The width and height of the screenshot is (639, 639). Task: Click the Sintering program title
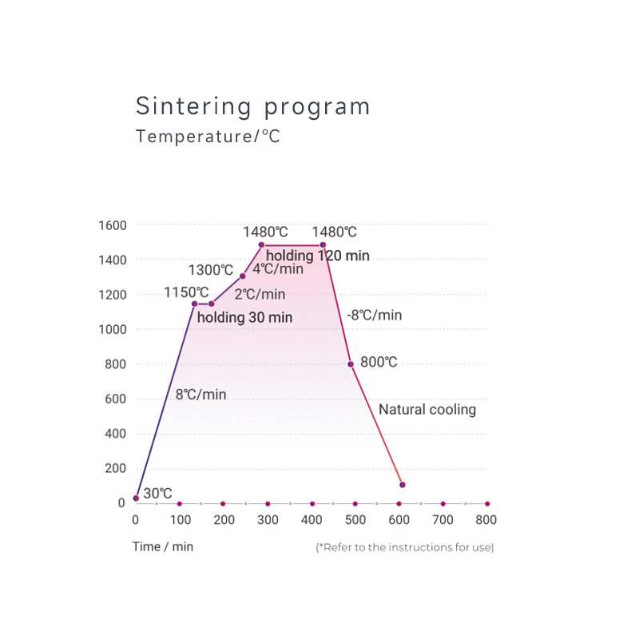(x=253, y=106)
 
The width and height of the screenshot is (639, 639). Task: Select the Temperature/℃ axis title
(x=208, y=137)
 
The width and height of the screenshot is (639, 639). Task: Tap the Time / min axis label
(x=163, y=546)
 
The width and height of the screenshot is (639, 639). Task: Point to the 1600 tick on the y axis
(x=112, y=225)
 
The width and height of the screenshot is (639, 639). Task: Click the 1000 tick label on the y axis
(x=112, y=329)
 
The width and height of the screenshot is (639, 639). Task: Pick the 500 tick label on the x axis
(x=355, y=520)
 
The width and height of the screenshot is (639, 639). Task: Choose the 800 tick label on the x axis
(x=486, y=520)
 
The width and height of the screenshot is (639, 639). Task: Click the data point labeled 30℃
(x=136, y=498)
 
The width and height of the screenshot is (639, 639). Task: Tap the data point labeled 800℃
(x=351, y=364)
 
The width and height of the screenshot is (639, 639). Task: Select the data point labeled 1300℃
(x=243, y=276)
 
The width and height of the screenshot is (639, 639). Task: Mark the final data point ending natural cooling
(x=403, y=485)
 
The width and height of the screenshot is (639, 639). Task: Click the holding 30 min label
(x=244, y=318)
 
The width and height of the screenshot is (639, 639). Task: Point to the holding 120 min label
(x=318, y=256)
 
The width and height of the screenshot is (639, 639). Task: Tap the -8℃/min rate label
(x=374, y=315)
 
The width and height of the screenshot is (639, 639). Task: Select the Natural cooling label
(x=427, y=410)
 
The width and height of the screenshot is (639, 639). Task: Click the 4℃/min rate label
(x=278, y=269)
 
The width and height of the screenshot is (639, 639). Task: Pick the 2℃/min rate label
(x=260, y=294)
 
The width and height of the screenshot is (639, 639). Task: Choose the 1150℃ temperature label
(x=187, y=292)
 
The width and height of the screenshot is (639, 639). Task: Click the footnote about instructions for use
(x=405, y=547)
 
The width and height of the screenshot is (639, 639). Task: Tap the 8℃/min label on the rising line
(x=200, y=395)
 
